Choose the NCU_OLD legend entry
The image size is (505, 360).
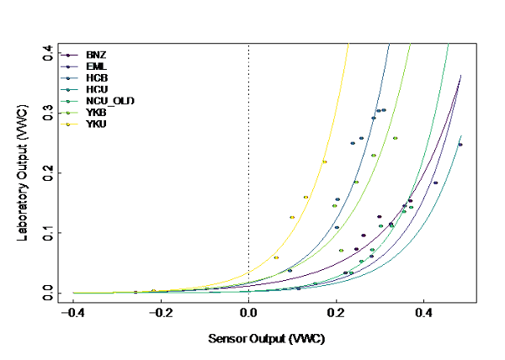(104, 101)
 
